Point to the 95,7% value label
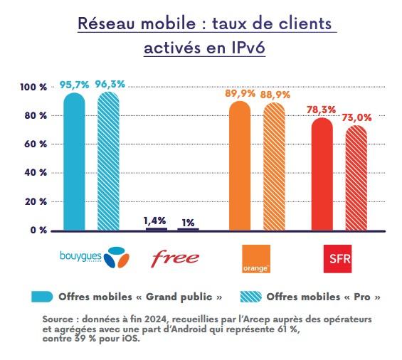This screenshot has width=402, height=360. pos(74,85)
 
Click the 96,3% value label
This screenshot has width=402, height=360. pos(110,84)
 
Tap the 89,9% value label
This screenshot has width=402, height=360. pos(240,93)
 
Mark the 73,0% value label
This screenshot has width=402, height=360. pos(357,118)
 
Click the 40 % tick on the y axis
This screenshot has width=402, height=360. pos(36,173)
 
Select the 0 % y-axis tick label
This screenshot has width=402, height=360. pos(38,231)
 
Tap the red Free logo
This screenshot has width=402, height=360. pos(173,257)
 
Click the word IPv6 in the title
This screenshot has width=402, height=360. pos(243,51)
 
